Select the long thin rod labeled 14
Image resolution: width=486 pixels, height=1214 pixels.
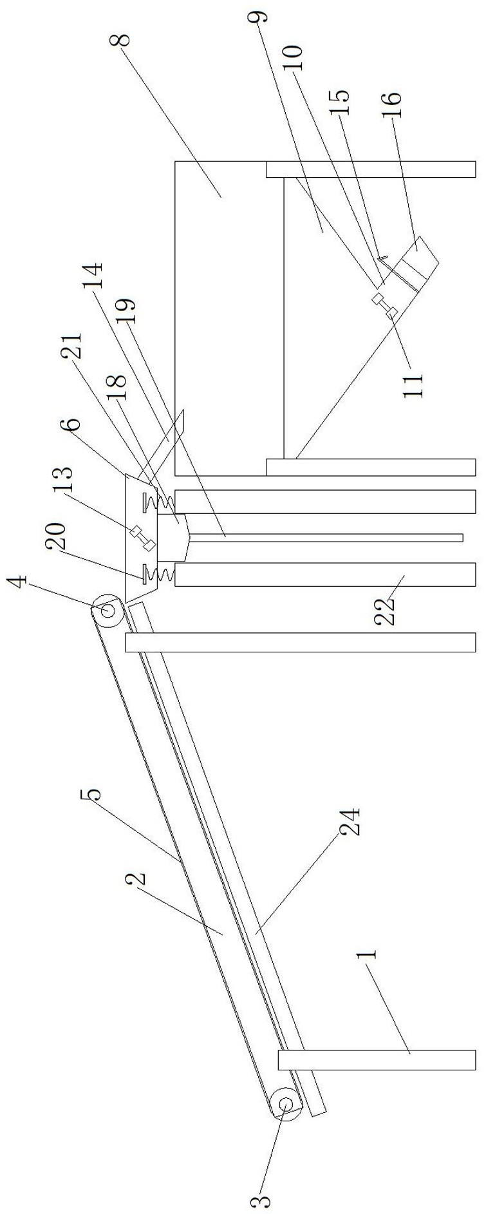322,536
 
